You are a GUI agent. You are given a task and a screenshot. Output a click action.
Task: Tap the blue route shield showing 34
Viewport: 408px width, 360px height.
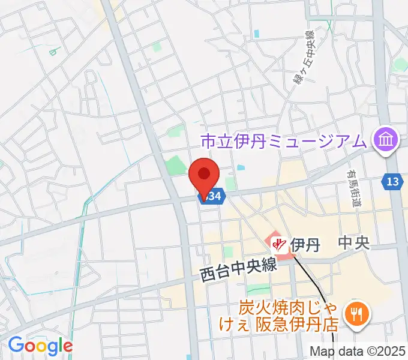[x=212, y=196]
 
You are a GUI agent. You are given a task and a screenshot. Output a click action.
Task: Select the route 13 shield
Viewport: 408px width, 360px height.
[x=392, y=181]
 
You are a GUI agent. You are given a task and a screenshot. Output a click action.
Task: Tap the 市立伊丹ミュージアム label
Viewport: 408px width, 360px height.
[x=283, y=142]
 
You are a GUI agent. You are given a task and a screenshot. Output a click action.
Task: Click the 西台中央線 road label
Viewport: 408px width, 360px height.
[x=239, y=265]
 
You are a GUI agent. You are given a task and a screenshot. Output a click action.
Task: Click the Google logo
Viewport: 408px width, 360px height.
[x=40, y=345]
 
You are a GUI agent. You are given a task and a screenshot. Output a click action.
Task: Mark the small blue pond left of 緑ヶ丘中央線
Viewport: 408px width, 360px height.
[x=257, y=33]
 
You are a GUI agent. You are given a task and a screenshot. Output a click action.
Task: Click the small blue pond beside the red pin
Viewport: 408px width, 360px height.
[x=241, y=169]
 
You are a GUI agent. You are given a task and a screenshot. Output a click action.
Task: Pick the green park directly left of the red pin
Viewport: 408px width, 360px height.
[x=176, y=164]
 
